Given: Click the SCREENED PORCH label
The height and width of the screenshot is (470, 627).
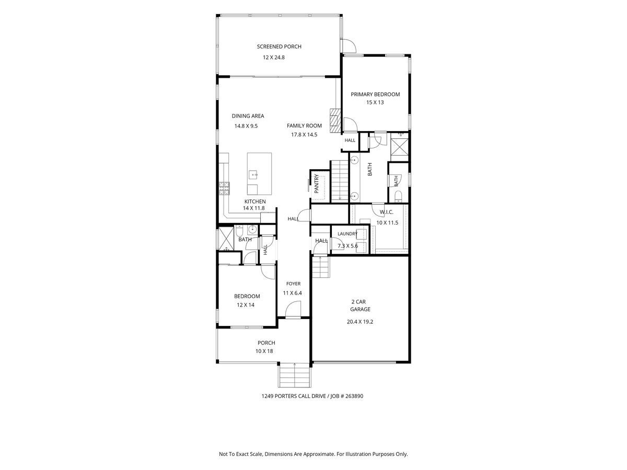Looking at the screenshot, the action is tap(279, 46).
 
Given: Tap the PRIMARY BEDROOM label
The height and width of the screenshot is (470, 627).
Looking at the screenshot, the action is tap(375, 94).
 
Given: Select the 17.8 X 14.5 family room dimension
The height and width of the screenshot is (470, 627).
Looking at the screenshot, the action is tap(304, 134).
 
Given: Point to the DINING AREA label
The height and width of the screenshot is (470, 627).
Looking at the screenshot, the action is tap(248, 116).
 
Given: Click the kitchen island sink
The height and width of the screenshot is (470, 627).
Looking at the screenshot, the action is tap(53, 174).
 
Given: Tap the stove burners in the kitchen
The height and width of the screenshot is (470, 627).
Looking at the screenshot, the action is tap(224, 189).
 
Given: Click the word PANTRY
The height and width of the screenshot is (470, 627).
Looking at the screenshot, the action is tap(317, 183).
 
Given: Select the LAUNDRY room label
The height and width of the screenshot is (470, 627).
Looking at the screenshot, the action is tap(347, 234).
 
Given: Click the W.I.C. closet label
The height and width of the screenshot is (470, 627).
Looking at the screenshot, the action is tap(387, 212).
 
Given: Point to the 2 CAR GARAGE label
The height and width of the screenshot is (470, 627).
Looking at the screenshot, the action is tap(359, 305).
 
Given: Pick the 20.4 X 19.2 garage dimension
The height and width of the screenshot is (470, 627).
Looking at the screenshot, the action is tap(360, 322).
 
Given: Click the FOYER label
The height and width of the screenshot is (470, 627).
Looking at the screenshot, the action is tap(293, 284).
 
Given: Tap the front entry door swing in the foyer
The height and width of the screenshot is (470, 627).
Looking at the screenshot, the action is tap(293, 309).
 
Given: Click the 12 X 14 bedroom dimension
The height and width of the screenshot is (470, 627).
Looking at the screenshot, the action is tap(246, 305).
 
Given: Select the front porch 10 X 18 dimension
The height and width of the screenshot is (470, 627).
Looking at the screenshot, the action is tap(264, 351).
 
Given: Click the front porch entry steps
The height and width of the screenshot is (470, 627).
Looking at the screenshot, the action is tap(295, 375).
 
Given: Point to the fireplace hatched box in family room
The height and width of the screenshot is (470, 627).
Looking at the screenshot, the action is tap(335, 121).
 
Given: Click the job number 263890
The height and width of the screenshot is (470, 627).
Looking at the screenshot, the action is tap(354, 396).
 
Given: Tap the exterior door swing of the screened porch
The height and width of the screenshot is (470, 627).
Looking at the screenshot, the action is tap(349, 45).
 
